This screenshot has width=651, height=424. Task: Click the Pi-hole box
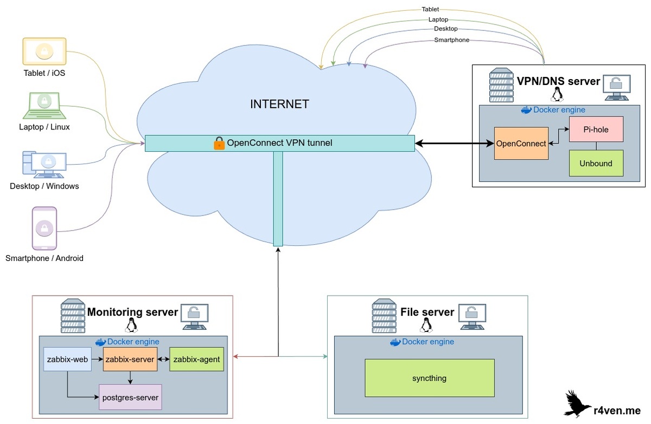[x=596, y=129]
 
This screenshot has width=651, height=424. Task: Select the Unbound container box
[x=596, y=163]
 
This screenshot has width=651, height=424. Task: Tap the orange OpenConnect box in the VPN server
[x=521, y=143]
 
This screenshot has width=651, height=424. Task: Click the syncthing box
[x=429, y=378]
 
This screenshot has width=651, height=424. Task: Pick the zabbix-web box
[x=67, y=359]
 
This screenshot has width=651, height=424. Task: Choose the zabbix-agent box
[x=196, y=359]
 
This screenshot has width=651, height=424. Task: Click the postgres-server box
[x=130, y=397]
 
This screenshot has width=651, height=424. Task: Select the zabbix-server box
[x=129, y=359]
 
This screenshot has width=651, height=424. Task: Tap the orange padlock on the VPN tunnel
[x=219, y=143]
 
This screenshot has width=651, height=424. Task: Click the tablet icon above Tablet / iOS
[x=44, y=51]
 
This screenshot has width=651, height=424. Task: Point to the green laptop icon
[x=44, y=105]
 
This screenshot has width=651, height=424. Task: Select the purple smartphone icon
[x=44, y=227]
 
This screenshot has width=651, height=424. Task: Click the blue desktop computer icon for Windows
[x=44, y=165]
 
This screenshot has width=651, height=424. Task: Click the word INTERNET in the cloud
[x=279, y=104]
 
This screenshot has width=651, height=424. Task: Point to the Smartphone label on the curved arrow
[x=451, y=40]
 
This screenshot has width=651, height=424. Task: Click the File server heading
[x=427, y=312]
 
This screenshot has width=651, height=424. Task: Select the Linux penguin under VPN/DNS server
[x=556, y=96]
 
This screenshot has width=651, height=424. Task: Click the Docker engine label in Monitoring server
[x=133, y=342]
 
